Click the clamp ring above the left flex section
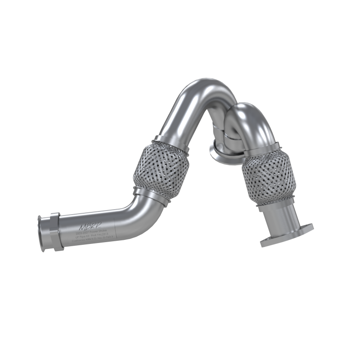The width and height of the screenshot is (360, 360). coord(170,140)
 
